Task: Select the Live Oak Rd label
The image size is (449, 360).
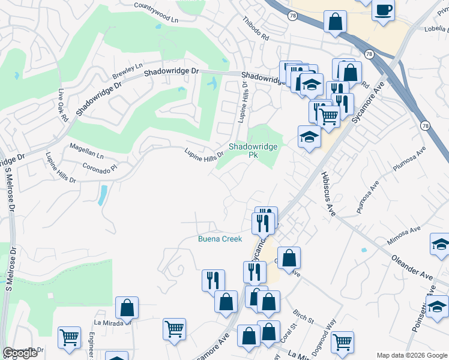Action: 62,106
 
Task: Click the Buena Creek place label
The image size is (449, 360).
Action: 220,239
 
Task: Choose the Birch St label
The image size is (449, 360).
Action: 304,316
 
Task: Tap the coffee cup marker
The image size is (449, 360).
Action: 382,10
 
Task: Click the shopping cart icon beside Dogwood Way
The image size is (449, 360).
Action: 342,341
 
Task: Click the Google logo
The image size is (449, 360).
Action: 20,353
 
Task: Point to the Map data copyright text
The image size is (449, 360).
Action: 412,355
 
